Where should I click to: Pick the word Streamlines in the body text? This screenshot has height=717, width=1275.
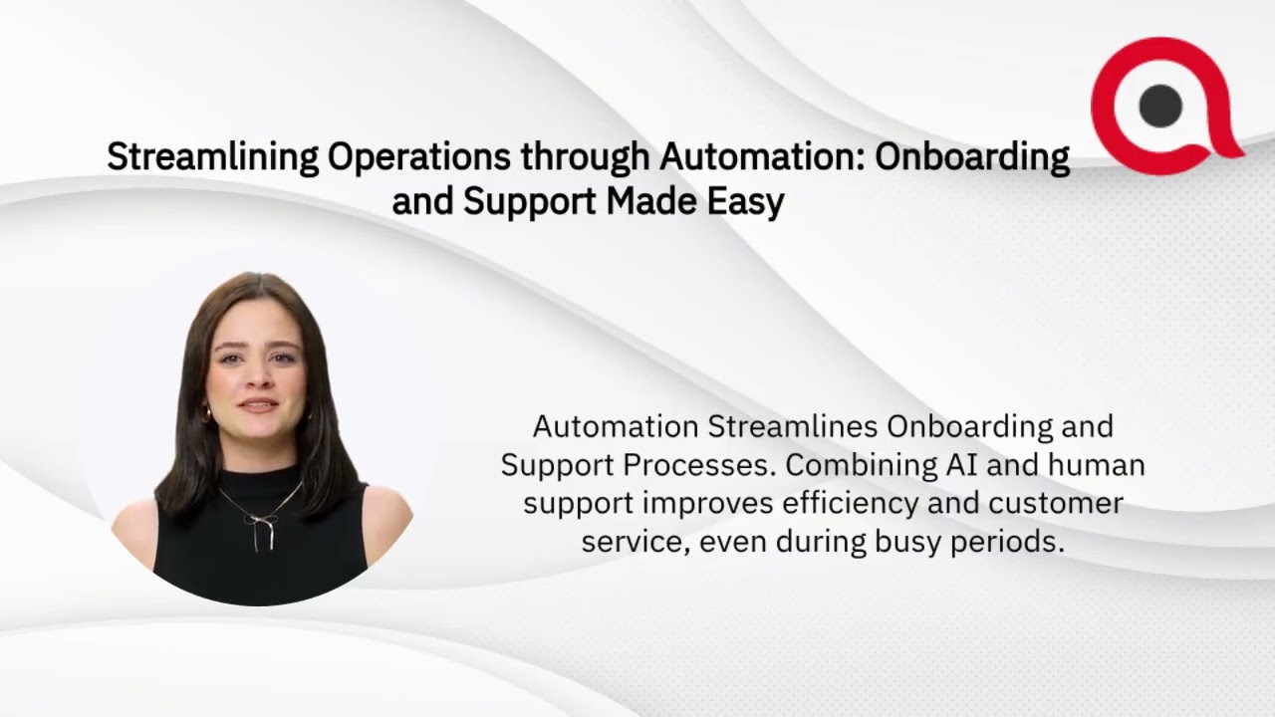tap(793, 426)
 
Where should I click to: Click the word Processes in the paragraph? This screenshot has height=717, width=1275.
tap(709, 465)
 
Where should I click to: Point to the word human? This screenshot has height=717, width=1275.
tap(1095, 465)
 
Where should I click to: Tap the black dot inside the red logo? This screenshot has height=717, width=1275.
tap(1159, 105)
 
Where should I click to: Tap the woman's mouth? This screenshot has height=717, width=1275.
tap(259, 405)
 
